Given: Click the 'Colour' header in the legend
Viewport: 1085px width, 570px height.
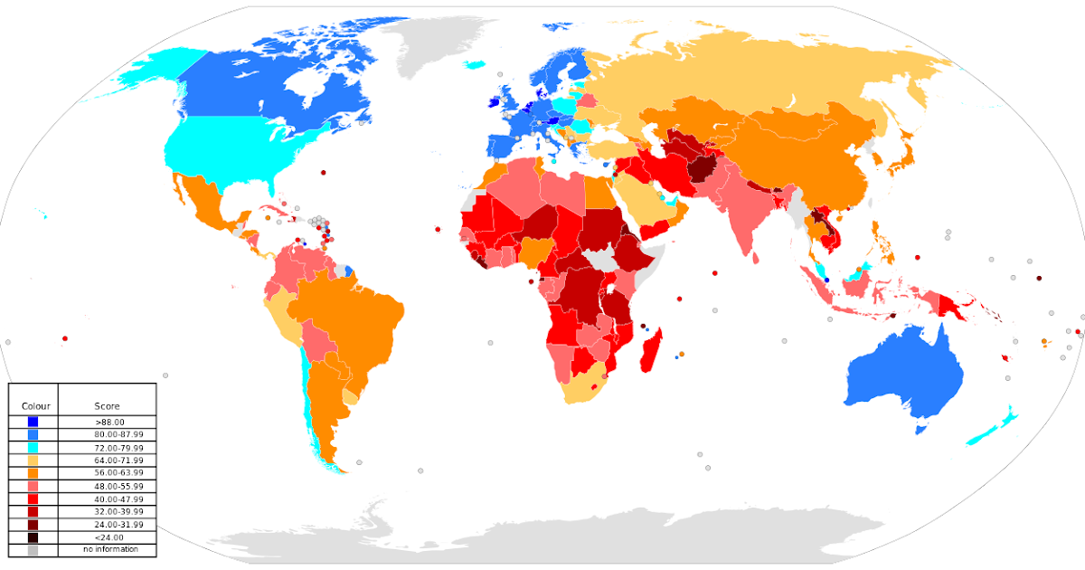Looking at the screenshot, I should click(35, 406).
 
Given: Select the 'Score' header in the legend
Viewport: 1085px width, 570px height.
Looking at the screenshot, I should click(107, 406).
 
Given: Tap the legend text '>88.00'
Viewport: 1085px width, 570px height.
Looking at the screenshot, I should click(108, 422).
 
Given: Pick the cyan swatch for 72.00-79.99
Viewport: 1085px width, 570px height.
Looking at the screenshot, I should click(33, 448).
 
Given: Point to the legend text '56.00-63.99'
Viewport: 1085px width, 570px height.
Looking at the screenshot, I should click(118, 473).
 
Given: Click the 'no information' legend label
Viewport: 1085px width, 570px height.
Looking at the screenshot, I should click(110, 549).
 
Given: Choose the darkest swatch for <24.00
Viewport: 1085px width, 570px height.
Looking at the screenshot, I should click(33, 537).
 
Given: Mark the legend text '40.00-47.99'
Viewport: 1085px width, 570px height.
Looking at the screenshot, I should click(118, 499).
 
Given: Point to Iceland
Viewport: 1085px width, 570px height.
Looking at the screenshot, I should click(475, 65).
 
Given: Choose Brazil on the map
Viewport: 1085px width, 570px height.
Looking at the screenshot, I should click(353, 317).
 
